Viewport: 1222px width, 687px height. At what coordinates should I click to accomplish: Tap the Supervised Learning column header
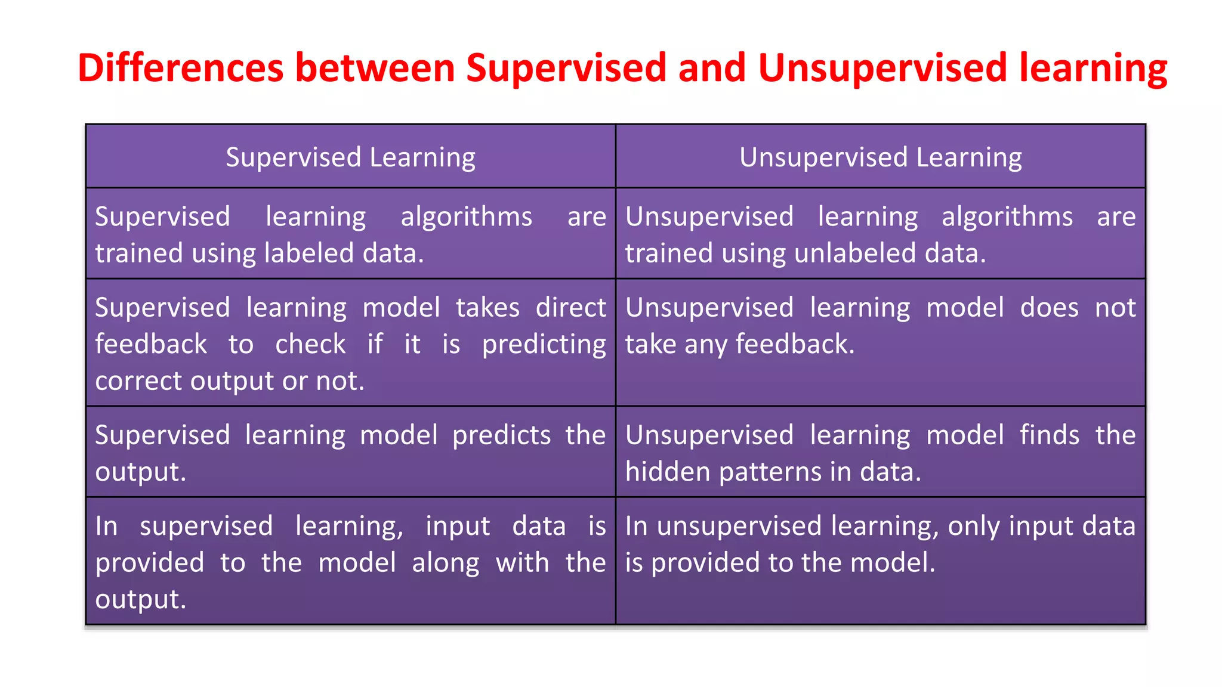point(350,157)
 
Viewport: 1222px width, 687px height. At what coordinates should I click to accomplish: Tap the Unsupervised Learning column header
point(880,157)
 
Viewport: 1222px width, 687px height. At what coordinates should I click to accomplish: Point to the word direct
point(570,308)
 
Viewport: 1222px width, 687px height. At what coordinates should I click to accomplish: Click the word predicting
point(544,345)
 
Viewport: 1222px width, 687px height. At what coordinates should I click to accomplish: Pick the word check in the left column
point(310,344)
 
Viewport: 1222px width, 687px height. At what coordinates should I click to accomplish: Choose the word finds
point(1049,435)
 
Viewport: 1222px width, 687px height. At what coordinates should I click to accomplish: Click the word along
point(445,563)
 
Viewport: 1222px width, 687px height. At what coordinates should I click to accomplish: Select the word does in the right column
point(1049,308)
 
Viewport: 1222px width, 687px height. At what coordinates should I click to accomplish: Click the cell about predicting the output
point(350,452)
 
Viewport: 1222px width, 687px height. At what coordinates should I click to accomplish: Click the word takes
point(487,308)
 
